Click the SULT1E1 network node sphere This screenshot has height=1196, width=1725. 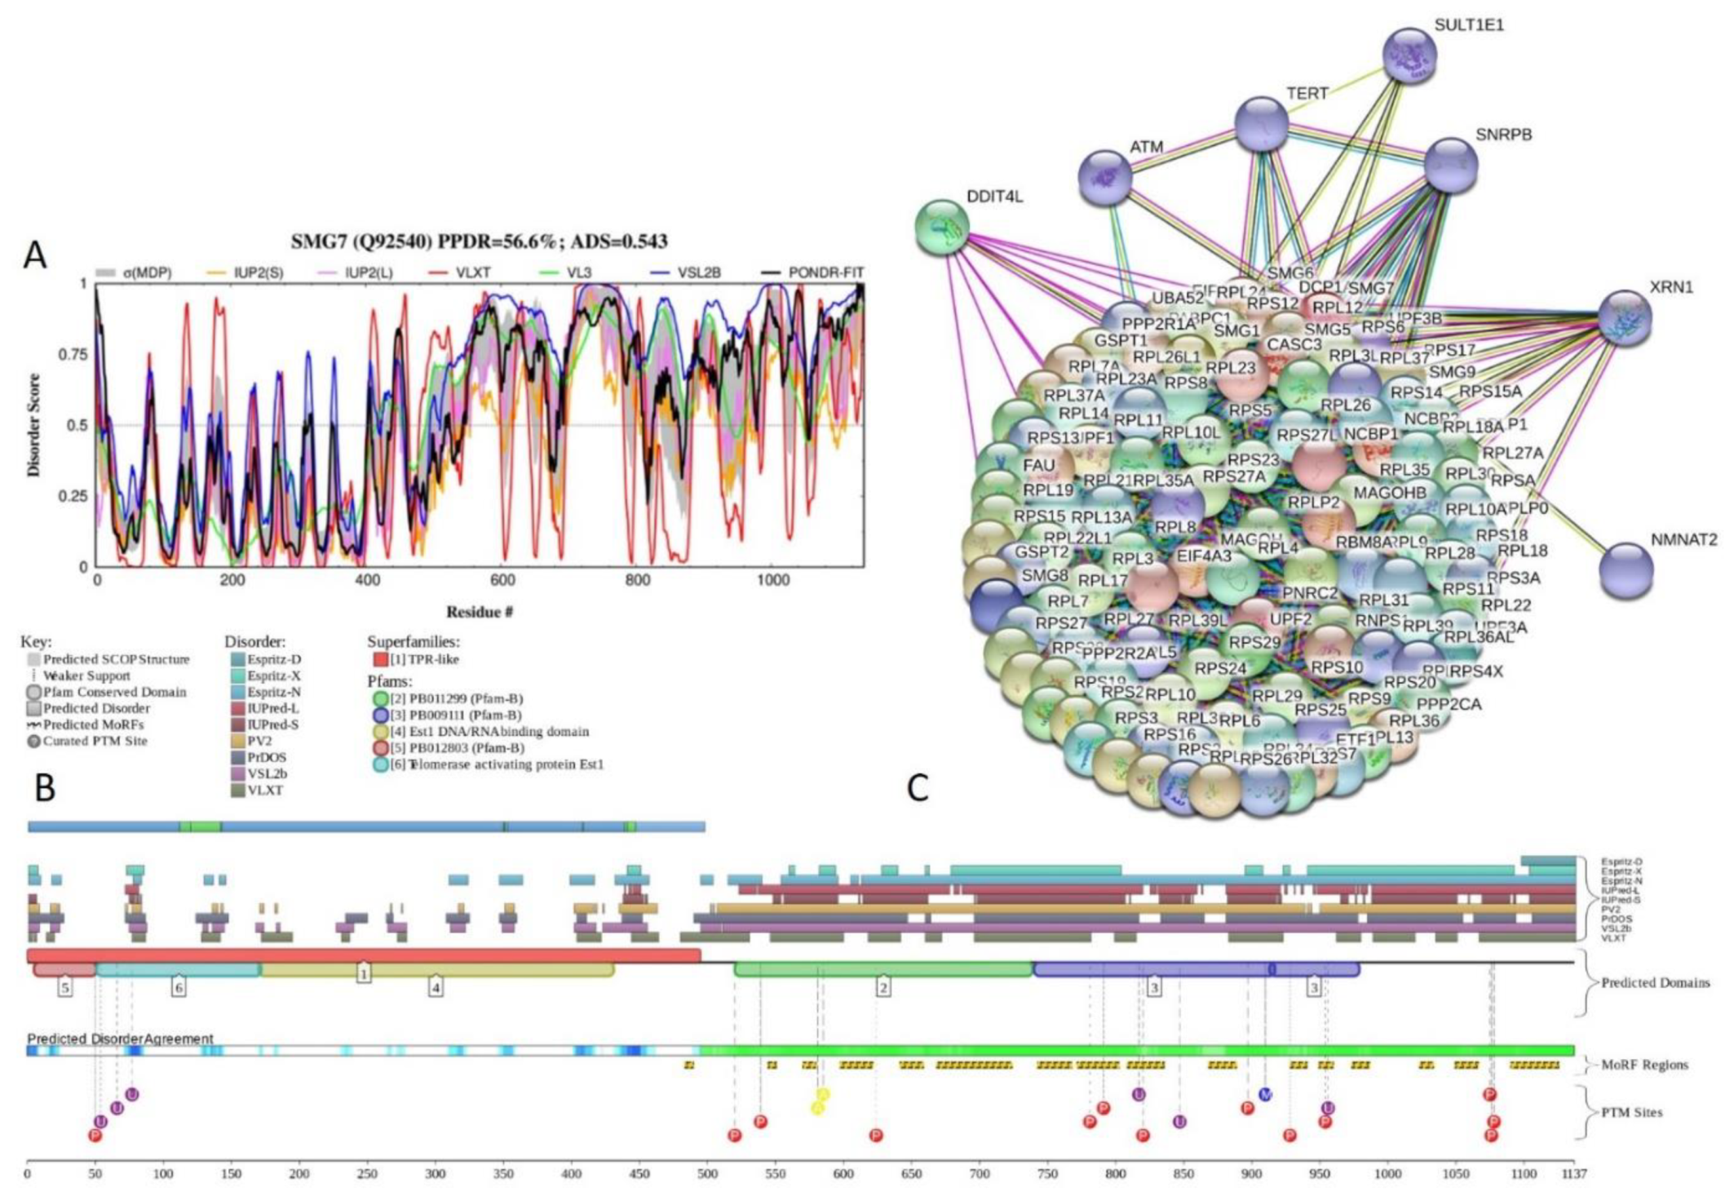[x=1409, y=55]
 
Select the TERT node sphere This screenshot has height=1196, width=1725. [x=1261, y=124]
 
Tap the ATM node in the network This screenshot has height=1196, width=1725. [x=1105, y=177]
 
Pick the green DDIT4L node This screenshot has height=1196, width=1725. [x=942, y=226]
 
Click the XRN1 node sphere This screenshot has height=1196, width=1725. [x=1625, y=318]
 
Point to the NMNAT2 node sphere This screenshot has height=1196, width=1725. [x=1626, y=570]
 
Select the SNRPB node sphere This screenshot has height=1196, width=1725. [x=1451, y=165]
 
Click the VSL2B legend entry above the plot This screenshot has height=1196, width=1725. [x=698, y=272]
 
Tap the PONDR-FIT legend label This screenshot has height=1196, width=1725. [x=825, y=272]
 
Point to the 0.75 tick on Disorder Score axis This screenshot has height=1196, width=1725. [x=73, y=354]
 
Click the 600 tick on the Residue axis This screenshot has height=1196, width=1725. [x=502, y=580]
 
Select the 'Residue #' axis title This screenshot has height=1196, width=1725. [x=479, y=612]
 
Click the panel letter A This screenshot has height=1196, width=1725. [x=35, y=255]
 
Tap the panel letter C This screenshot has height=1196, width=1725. [x=918, y=788]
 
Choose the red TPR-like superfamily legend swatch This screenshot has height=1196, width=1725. [x=379, y=659]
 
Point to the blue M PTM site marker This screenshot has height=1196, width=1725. [x=1265, y=1094]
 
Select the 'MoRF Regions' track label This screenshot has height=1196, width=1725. [x=1644, y=1065]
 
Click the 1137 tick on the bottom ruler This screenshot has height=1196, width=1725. [x=1574, y=1174]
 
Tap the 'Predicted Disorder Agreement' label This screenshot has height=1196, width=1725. [x=121, y=1039]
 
